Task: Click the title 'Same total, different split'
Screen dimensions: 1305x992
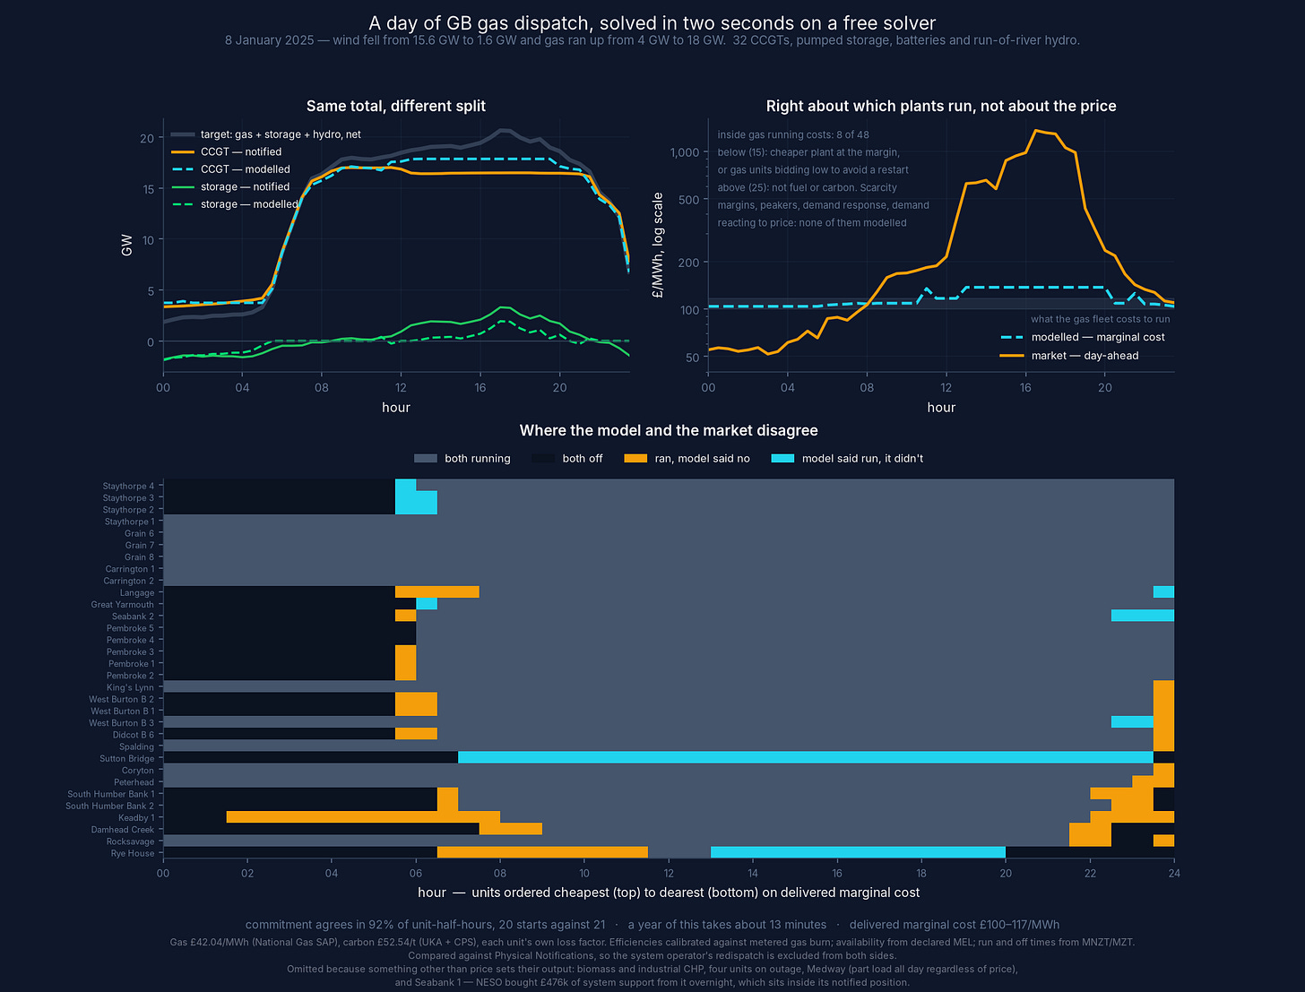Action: point(395,106)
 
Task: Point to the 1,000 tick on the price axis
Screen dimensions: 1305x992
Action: point(684,152)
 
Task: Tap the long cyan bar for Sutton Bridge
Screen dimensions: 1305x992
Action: point(806,758)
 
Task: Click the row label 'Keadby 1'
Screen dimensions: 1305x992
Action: point(136,818)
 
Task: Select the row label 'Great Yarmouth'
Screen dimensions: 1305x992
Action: point(123,605)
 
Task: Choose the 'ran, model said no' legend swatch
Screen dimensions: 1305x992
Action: point(635,458)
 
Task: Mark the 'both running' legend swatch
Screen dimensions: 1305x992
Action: point(426,458)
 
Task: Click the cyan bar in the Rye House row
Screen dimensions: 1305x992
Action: point(858,853)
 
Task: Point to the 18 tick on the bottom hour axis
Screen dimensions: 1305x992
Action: point(921,873)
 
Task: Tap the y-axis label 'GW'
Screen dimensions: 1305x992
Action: point(126,245)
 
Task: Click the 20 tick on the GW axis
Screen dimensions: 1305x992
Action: point(146,139)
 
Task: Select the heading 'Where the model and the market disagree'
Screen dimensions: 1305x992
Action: point(669,430)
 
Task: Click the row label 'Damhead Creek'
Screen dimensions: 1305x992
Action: point(123,830)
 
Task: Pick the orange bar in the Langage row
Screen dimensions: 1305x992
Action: point(437,592)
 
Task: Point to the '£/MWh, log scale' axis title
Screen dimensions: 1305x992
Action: point(658,245)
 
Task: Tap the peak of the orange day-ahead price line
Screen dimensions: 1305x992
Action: point(1036,130)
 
